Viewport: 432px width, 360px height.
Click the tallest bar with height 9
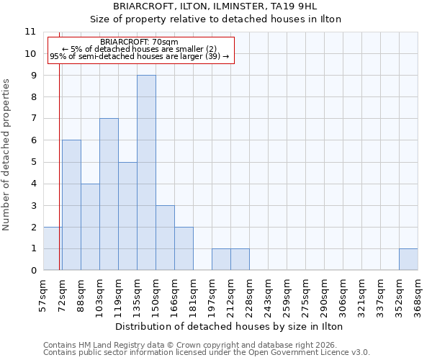tap(146, 173)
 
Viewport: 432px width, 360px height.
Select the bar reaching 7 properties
tap(109, 194)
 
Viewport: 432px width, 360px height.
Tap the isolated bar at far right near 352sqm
tap(408, 259)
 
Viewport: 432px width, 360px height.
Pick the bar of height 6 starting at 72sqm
tap(71, 205)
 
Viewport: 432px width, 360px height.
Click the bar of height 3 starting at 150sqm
tap(165, 238)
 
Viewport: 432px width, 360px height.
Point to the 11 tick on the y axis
tap(30, 32)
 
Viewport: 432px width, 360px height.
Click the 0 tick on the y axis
tap(33, 271)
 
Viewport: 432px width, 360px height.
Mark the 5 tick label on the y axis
tap(33, 162)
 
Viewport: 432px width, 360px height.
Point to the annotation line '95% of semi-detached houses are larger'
tap(139, 56)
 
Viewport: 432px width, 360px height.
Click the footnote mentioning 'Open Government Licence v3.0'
tap(207, 353)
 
